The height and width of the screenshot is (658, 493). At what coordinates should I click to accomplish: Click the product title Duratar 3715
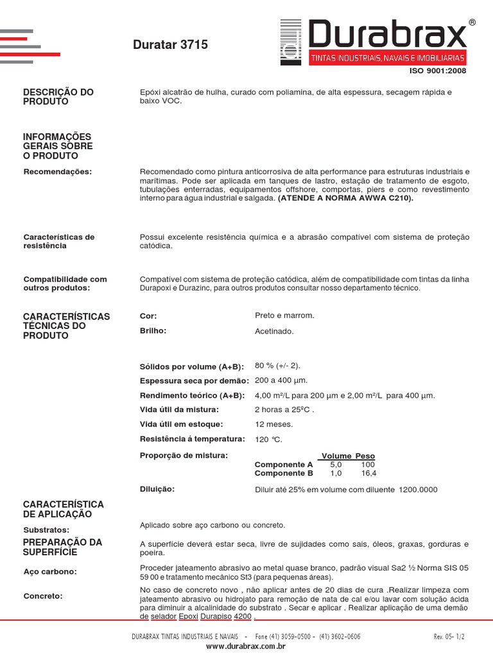[x=170, y=45]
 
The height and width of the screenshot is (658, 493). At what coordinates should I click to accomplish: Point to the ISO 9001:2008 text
[x=438, y=71]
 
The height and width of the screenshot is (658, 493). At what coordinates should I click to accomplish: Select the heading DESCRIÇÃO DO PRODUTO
[x=58, y=97]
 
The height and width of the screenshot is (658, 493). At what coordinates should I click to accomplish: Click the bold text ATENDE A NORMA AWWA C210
[x=346, y=199]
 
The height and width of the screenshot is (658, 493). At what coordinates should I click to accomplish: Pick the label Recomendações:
[x=58, y=172]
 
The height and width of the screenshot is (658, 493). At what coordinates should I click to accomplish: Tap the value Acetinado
[x=274, y=332]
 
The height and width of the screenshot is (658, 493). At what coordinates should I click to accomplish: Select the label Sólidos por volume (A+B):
[x=192, y=366]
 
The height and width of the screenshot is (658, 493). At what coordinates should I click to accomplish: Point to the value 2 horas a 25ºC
[x=284, y=410]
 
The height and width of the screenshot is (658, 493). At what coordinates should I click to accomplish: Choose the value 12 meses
[x=274, y=424]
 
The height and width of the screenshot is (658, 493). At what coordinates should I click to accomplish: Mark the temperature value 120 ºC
[x=268, y=440]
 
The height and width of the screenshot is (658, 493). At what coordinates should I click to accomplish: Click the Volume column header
[x=336, y=456]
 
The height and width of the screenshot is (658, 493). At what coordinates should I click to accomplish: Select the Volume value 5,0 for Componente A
[x=336, y=465]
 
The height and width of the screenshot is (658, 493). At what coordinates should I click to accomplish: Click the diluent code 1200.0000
[x=418, y=490]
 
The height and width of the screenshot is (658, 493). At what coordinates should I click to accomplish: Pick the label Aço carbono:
[x=50, y=571]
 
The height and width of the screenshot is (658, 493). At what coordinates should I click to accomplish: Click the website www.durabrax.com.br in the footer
[x=246, y=646]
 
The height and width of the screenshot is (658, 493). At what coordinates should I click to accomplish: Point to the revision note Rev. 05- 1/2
[x=449, y=636]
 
